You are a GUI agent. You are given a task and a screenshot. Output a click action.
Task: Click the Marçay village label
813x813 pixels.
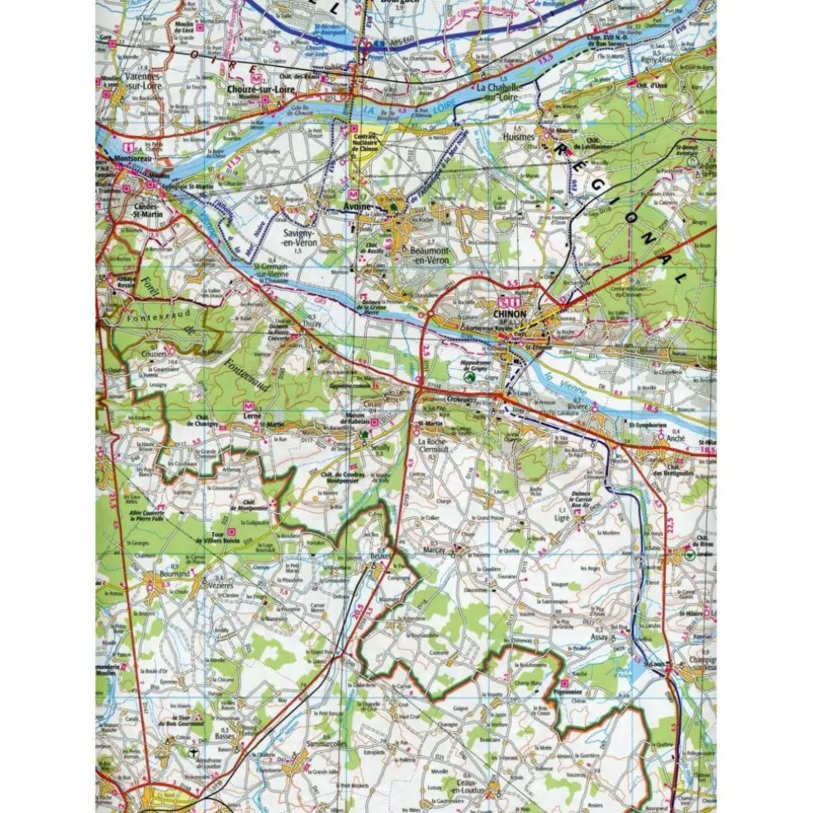click(x=433, y=549)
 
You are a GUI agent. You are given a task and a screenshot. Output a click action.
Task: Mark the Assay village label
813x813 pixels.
click(x=601, y=638)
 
